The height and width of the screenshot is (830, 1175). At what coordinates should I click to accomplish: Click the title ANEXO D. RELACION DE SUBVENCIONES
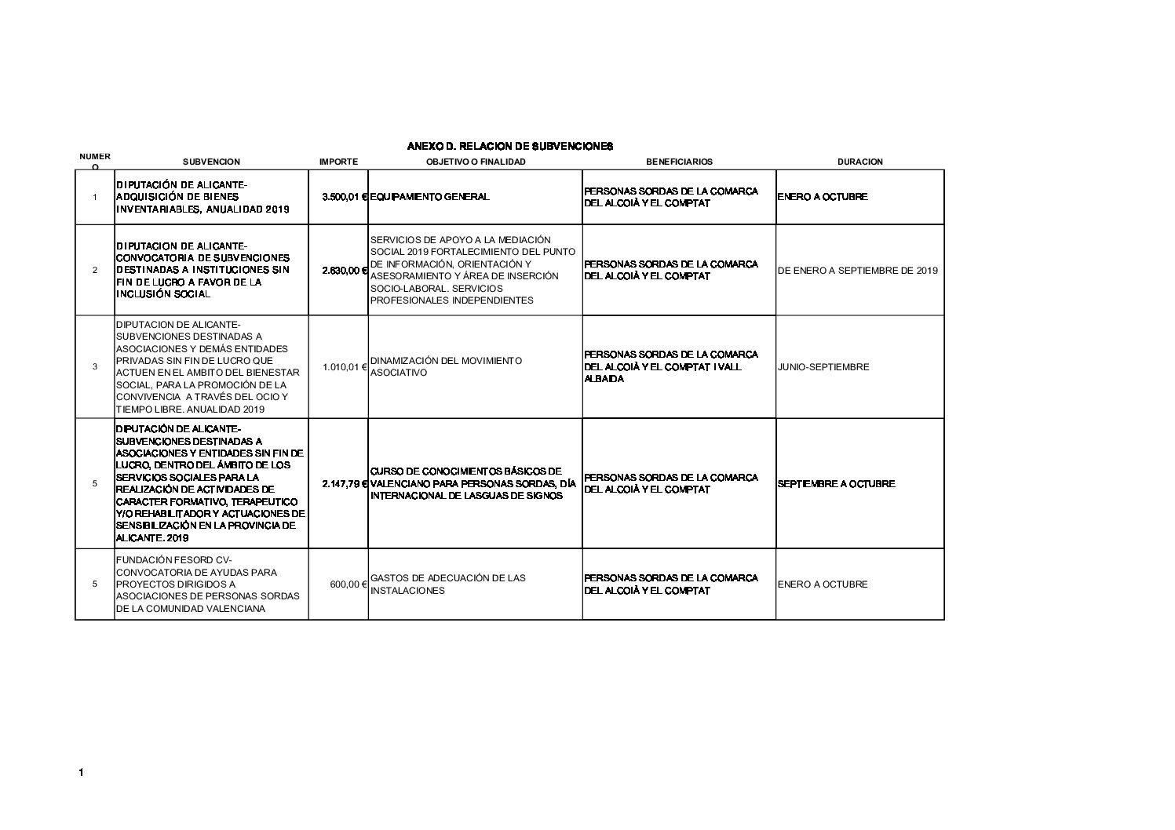coord(509,146)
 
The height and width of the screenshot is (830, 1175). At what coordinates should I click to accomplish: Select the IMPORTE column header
coord(338,162)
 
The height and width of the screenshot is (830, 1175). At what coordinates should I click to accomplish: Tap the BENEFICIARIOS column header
coord(679,162)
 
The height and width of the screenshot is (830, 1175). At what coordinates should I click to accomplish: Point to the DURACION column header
coord(859,162)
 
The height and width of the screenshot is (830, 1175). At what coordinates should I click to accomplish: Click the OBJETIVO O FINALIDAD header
coord(476,162)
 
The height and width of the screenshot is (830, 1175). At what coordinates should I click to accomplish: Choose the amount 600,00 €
coord(348,584)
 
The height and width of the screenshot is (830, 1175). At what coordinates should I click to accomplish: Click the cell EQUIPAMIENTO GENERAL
coord(429,197)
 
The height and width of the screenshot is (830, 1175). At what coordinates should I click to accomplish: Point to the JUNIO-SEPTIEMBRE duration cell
coord(823,366)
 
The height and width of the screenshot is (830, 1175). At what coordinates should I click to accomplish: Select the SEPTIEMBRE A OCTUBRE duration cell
coord(836,483)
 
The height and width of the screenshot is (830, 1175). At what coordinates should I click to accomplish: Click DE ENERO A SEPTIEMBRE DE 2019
coord(858,270)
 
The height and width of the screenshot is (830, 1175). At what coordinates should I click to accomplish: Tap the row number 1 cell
coord(95,197)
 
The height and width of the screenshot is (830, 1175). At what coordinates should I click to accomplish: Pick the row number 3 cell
coord(95,366)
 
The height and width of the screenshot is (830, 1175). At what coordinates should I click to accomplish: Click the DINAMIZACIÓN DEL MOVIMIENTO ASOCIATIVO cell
coord(446,366)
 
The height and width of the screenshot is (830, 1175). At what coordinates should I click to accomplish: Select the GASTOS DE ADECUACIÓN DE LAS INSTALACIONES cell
coord(447,584)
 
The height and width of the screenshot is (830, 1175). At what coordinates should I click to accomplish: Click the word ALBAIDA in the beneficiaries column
coord(604,379)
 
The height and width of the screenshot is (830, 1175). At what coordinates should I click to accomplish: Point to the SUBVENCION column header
coord(211,162)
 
